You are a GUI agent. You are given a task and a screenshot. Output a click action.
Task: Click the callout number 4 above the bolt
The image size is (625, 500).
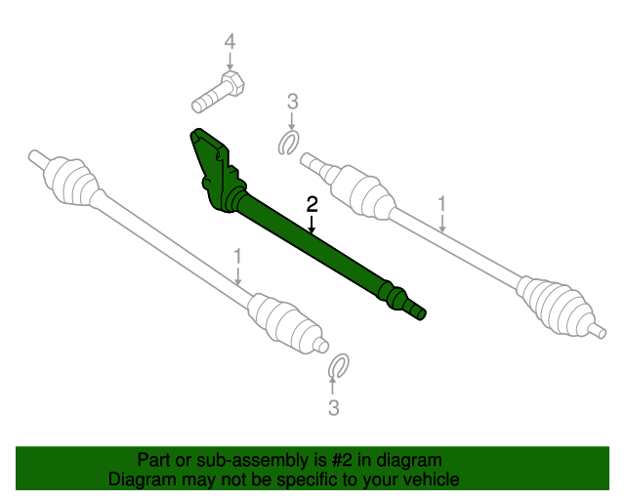(x=229, y=42)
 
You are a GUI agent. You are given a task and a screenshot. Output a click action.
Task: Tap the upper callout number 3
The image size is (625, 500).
(x=291, y=101)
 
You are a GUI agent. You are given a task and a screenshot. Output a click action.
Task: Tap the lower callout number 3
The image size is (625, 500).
(x=334, y=408)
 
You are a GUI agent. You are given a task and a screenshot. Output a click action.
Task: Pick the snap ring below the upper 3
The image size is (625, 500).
(x=289, y=144)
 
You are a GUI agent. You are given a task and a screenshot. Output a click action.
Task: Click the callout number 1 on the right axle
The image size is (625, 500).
(x=441, y=204)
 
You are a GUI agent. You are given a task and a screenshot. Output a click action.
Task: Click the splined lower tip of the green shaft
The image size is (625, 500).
(x=417, y=312)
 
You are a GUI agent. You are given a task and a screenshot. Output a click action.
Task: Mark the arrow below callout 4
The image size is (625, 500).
(x=229, y=62)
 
